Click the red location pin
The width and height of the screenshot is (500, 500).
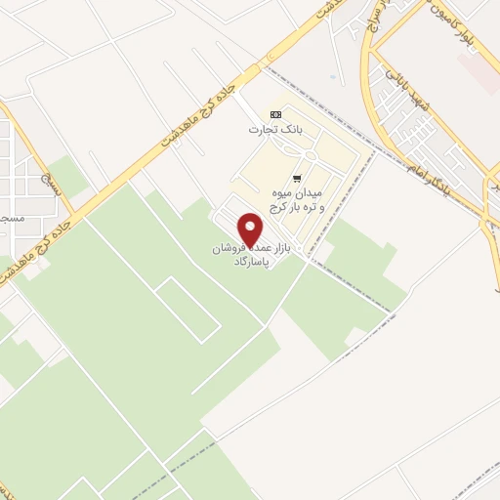coord(252,230)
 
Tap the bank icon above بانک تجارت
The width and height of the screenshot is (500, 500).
coord(274,113)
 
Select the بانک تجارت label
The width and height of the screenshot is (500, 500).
coord(274,128)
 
